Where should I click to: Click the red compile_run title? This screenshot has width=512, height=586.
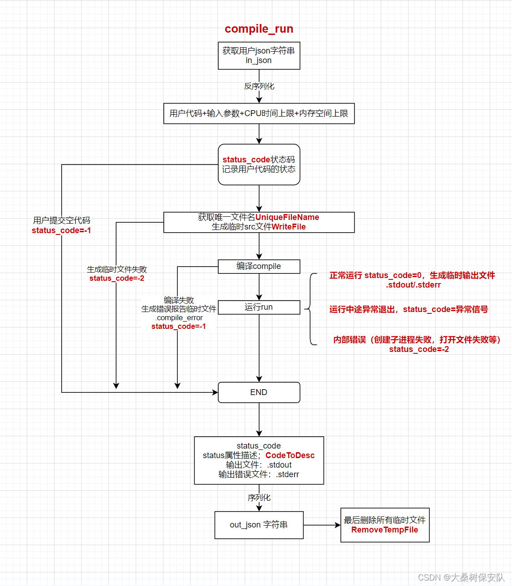tap(259, 29)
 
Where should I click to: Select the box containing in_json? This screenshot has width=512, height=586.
tap(259, 56)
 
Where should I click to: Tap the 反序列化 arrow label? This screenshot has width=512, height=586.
tap(259, 86)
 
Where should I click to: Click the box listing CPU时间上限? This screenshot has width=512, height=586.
tap(259, 113)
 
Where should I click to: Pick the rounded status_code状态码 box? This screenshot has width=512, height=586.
tap(259, 164)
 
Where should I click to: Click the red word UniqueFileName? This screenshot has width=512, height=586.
tap(287, 217)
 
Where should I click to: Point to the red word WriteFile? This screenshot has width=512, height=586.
tap(288, 227)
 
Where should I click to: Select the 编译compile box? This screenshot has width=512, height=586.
tap(259, 266)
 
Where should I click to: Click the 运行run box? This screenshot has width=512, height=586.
tap(259, 307)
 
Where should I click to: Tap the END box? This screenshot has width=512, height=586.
tap(259, 392)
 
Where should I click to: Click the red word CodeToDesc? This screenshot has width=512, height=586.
tap(290, 455)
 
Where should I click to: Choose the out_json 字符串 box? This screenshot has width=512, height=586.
tap(259, 525)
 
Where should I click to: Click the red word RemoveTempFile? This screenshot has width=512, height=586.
tap(384, 530)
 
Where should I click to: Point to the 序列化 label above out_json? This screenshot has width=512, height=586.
tap(259, 498)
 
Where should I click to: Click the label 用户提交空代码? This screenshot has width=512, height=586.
tap(61, 220)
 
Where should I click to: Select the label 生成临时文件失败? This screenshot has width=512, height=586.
tap(117, 269)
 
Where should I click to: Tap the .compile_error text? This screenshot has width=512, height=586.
tap(179, 317)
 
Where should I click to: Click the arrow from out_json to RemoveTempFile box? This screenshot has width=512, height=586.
tap(322, 525)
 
